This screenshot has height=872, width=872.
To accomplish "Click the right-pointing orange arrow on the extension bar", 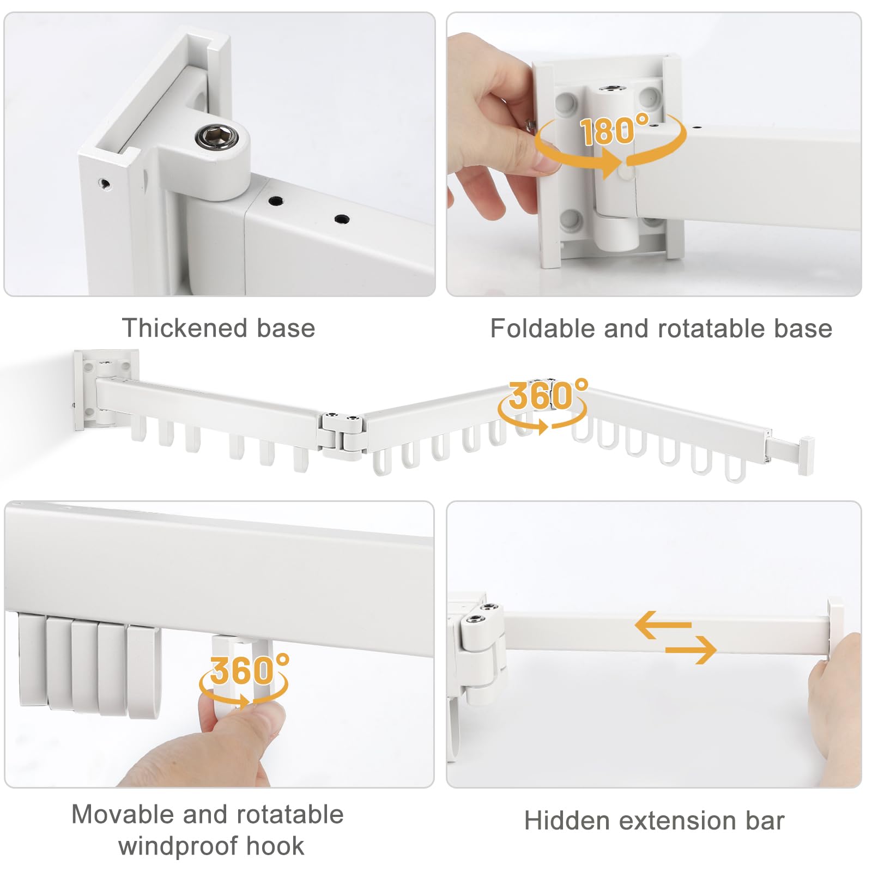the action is click(691, 650).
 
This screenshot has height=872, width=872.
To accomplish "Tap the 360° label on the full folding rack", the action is click(548, 395).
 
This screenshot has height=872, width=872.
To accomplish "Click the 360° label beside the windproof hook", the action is click(250, 669).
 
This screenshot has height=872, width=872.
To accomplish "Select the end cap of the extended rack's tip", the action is click(806, 456).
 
